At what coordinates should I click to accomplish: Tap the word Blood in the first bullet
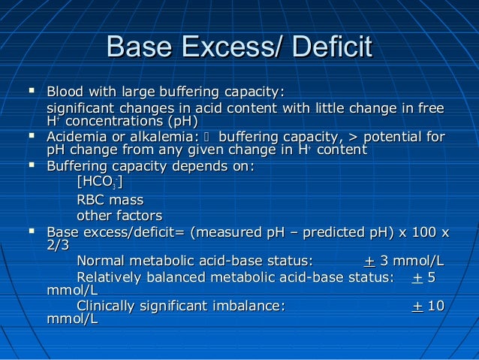(x=63, y=92)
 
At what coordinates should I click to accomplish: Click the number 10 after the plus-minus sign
(x=436, y=306)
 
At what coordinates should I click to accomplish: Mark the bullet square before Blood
(x=31, y=91)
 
